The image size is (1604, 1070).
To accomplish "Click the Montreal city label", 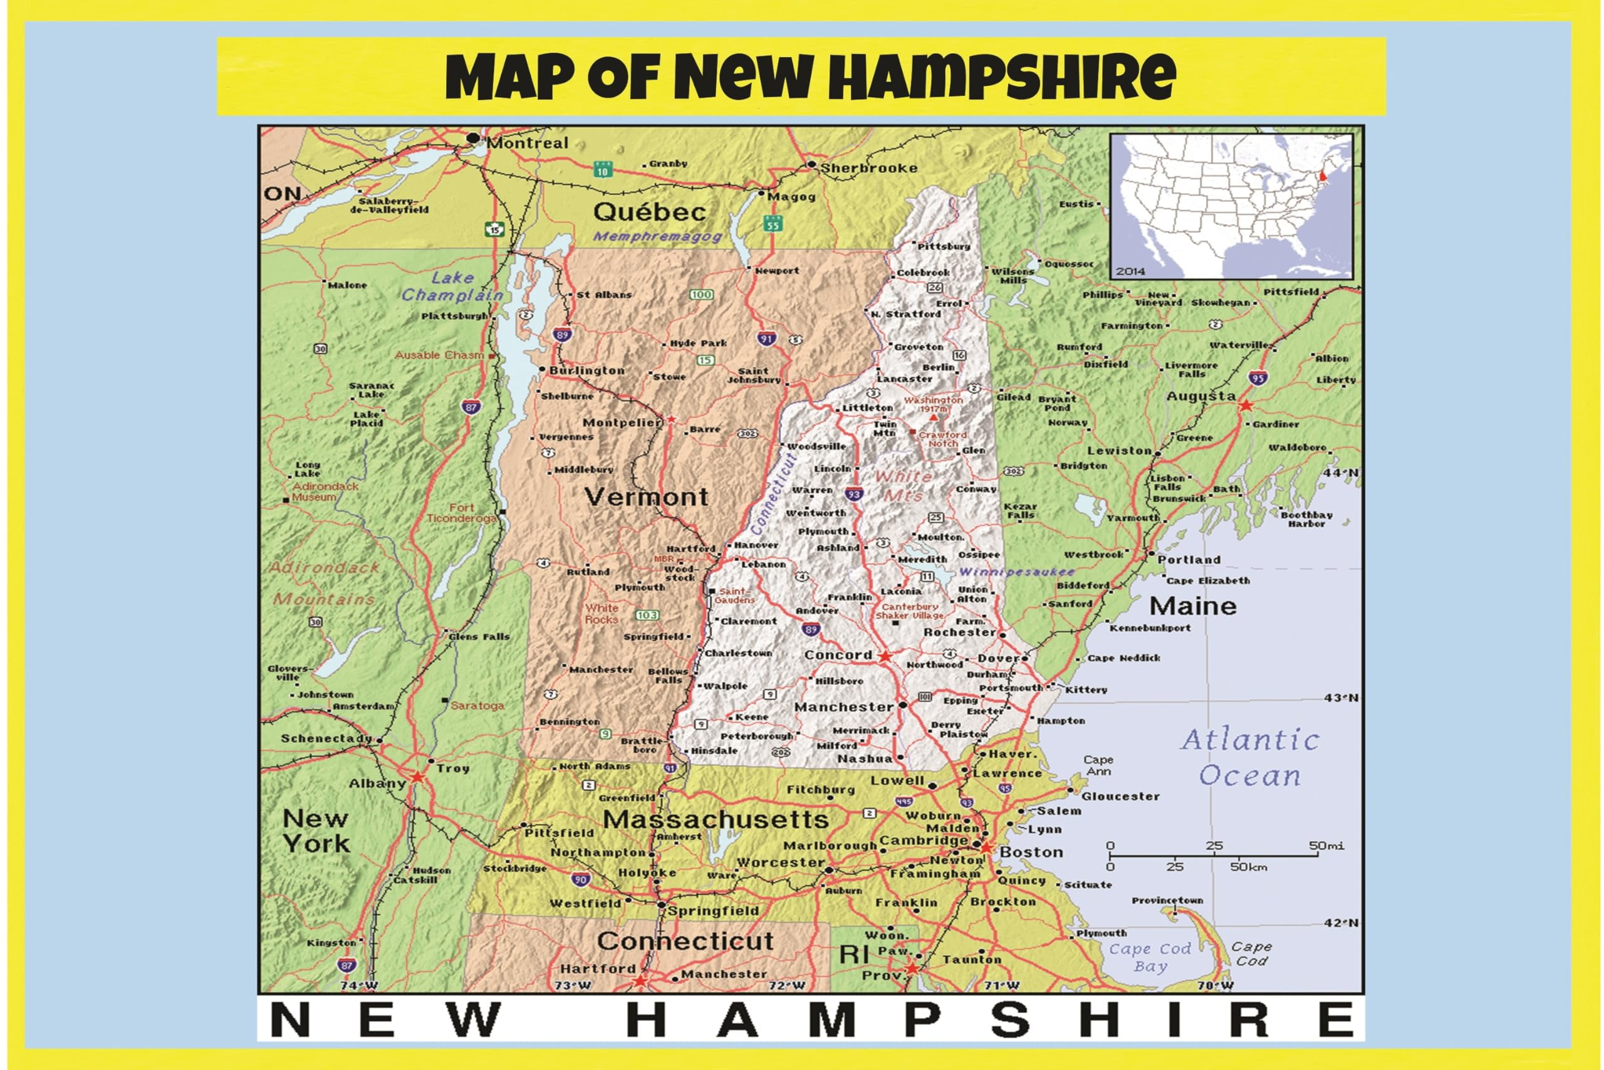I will coord(526,144).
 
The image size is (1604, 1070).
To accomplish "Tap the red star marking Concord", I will coord(885,656).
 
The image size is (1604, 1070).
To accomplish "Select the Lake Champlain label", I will coord(452,286).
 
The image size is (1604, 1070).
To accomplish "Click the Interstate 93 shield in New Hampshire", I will coord(854,493).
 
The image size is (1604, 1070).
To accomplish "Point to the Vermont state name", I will coord(646,497).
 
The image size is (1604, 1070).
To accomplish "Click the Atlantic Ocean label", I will coord(1250,758).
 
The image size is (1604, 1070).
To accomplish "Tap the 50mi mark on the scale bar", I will coord(1326,846).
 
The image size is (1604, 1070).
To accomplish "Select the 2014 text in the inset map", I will coord(1130,271).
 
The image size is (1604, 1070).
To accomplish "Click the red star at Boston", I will coord(986,847).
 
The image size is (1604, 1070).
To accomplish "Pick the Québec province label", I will coord(649,212).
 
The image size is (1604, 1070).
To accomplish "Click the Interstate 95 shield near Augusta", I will coord(1258,377).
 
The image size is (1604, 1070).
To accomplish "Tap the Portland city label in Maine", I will coord(1189,560).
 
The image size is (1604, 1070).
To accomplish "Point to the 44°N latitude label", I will coord(1341,472).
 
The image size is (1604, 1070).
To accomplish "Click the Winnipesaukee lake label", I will coord(1016,572).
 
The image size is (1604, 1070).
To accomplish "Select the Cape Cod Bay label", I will coord(1150,957).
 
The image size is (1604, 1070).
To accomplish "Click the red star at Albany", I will coord(417,777).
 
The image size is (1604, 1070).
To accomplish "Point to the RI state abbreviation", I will coord(853,954).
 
